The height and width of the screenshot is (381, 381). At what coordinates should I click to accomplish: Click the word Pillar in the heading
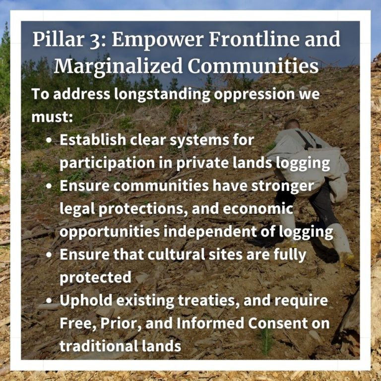[58, 39]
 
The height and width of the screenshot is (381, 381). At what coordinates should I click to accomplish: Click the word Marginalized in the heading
[118, 66]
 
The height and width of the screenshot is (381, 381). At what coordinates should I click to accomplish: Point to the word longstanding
[162, 95]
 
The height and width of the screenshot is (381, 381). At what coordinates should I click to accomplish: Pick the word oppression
[254, 95]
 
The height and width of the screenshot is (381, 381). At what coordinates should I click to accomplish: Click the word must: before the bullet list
[52, 117]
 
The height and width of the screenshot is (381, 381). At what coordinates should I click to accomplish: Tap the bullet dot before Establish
[49, 140]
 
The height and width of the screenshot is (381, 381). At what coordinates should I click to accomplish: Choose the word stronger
[282, 187]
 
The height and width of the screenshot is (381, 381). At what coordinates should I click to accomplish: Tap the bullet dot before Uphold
[49, 300]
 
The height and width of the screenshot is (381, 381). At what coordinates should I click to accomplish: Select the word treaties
[209, 301]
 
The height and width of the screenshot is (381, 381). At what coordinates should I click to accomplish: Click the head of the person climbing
[292, 125]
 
